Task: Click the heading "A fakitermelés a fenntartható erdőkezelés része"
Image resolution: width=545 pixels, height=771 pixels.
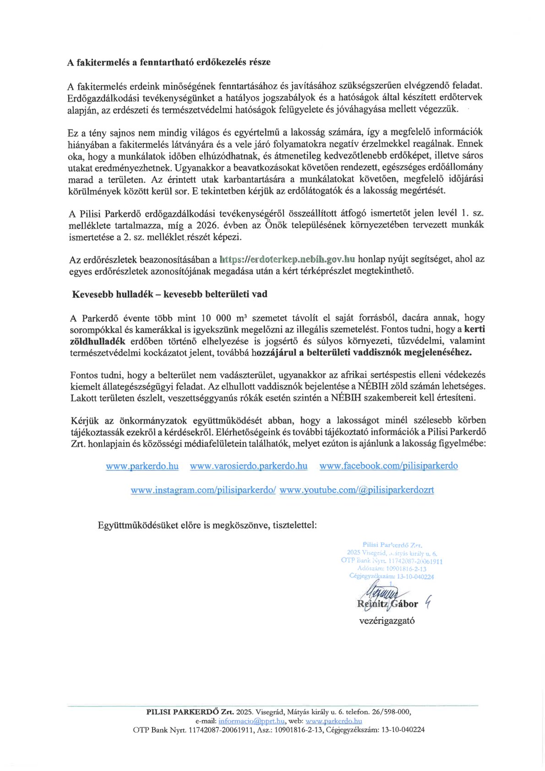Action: (x=169, y=62)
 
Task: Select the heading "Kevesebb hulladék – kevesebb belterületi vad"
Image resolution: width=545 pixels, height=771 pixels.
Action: (x=169, y=294)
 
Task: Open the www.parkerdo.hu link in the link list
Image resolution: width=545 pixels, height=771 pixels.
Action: (x=142, y=466)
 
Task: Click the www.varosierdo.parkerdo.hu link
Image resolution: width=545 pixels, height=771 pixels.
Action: (x=249, y=466)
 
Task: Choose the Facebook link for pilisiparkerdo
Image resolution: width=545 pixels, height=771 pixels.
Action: (x=388, y=466)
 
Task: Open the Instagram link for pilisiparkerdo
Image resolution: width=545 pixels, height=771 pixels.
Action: (x=203, y=490)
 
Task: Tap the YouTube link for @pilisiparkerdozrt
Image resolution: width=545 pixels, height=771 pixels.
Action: (x=357, y=490)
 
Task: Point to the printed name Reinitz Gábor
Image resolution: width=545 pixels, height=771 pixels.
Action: (x=387, y=604)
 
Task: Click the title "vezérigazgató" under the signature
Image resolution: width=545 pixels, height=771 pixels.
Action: (x=387, y=621)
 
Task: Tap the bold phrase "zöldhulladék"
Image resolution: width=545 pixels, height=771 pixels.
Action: (x=98, y=341)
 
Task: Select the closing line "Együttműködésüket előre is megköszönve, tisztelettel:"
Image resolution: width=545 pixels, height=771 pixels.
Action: (x=207, y=525)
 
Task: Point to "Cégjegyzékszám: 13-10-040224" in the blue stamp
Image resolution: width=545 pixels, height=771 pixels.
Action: (x=392, y=577)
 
